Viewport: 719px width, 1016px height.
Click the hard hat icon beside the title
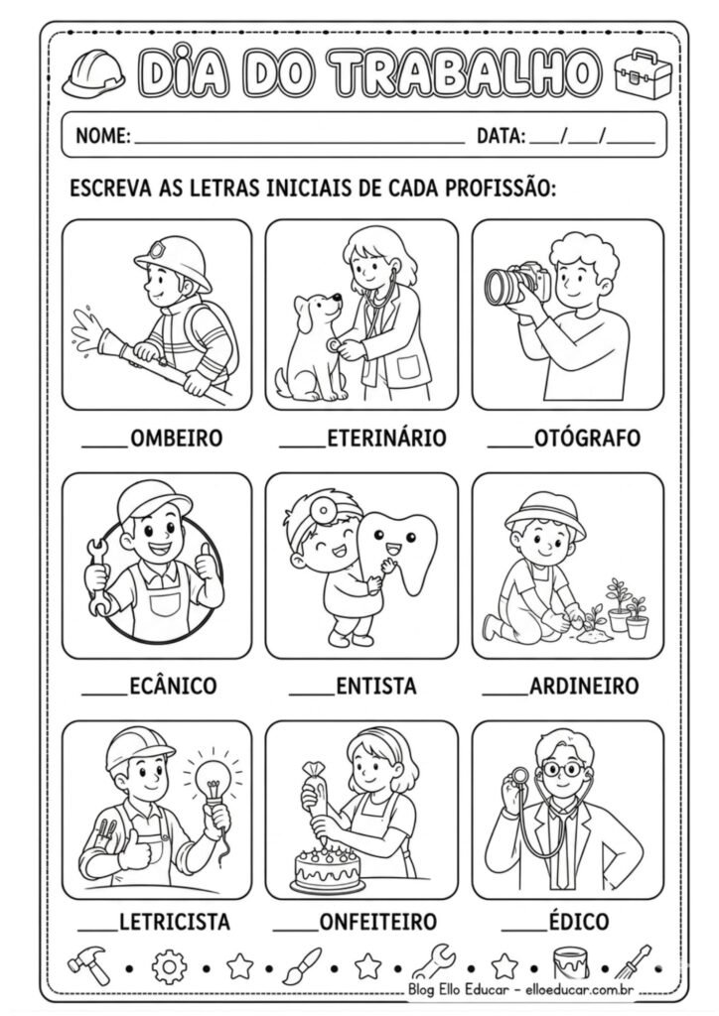click(x=93, y=73)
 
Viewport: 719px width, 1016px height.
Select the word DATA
click(x=500, y=136)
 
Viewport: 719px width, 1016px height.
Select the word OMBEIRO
click(x=176, y=438)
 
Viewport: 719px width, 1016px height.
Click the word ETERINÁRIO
click(x=386, y=438)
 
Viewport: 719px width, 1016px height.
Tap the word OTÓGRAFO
click(x=587, y=438)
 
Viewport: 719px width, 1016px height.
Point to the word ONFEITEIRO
click(x=377, y=922)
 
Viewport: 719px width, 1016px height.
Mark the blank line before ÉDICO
click(x=523, y=929)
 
